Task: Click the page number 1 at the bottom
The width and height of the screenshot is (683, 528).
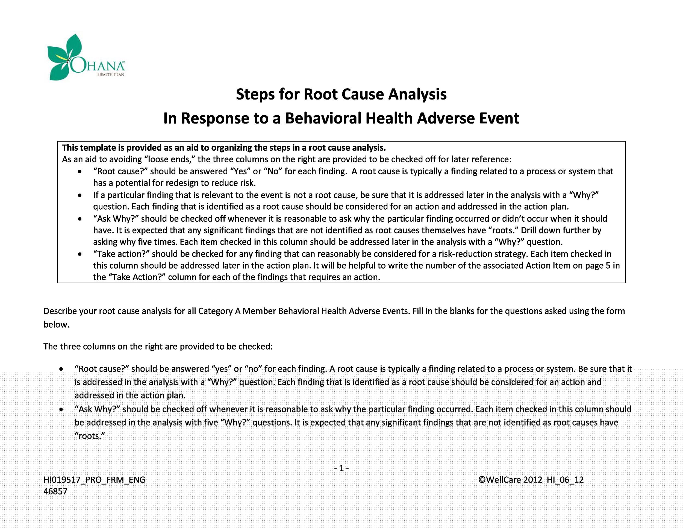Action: point(341,468)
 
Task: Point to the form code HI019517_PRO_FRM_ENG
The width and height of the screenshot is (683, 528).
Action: point(94,480)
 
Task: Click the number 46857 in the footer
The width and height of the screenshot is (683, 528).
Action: point(55,491)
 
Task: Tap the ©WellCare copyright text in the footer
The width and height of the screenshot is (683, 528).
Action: point(510,480)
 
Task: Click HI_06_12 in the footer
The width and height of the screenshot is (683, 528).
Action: point(565,480)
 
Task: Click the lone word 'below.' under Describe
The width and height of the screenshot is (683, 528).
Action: point(56,324)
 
